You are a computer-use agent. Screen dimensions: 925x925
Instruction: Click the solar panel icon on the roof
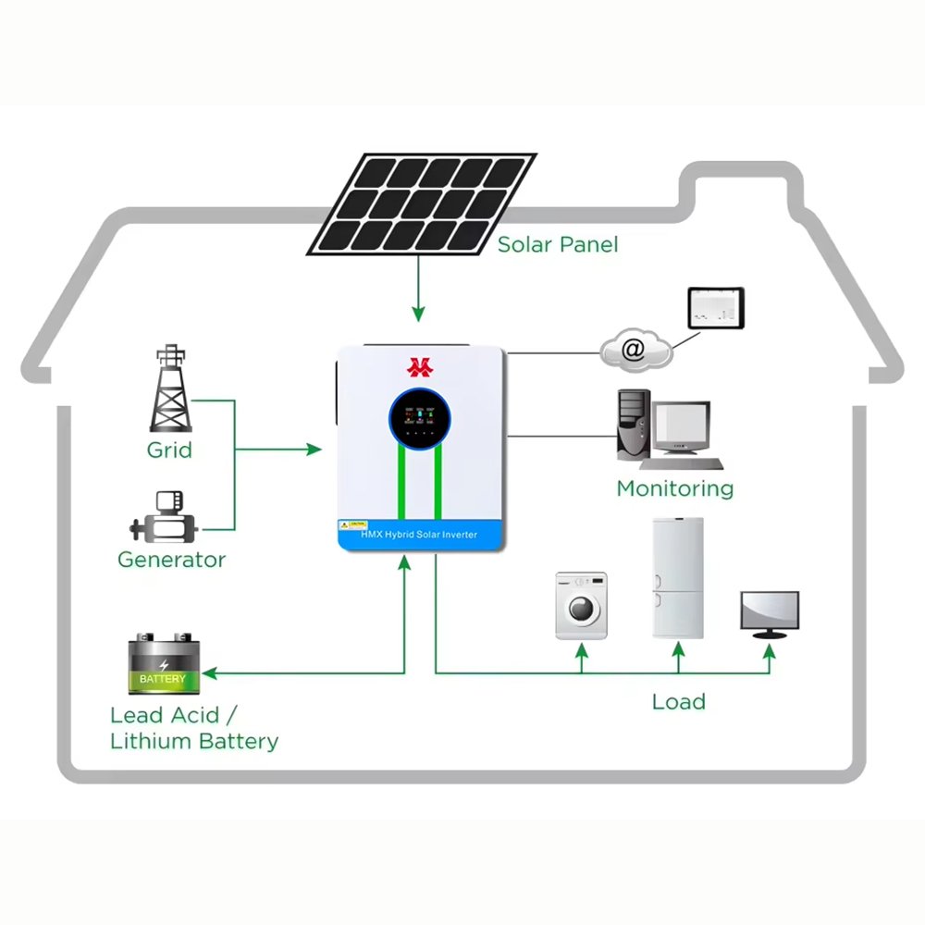(x=421, y=204)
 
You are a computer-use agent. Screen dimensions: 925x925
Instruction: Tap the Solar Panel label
(x=558, y=245)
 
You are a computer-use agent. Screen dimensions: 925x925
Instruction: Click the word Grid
(x=169, y=450)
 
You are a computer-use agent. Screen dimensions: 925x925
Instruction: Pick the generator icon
(x=165, y=518)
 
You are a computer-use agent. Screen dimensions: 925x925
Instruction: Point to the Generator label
(x=171, y=560)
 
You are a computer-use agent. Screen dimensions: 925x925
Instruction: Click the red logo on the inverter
(x=420, y=367)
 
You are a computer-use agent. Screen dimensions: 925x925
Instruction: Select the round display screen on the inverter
(x=420, y=415)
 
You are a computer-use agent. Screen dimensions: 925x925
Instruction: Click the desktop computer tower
(x=631, y=425)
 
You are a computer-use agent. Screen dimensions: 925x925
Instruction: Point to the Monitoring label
(x=674, y=488)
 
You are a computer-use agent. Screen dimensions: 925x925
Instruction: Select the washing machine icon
(x=581, y=605)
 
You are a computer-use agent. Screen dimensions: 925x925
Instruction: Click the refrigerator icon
(x=678, y=578)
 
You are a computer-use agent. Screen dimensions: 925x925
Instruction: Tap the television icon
(x=769, y=613)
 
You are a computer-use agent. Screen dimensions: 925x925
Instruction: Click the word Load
(x=678, y=701)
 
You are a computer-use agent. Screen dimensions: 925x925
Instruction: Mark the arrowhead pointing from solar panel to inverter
(x=419, y=315)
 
